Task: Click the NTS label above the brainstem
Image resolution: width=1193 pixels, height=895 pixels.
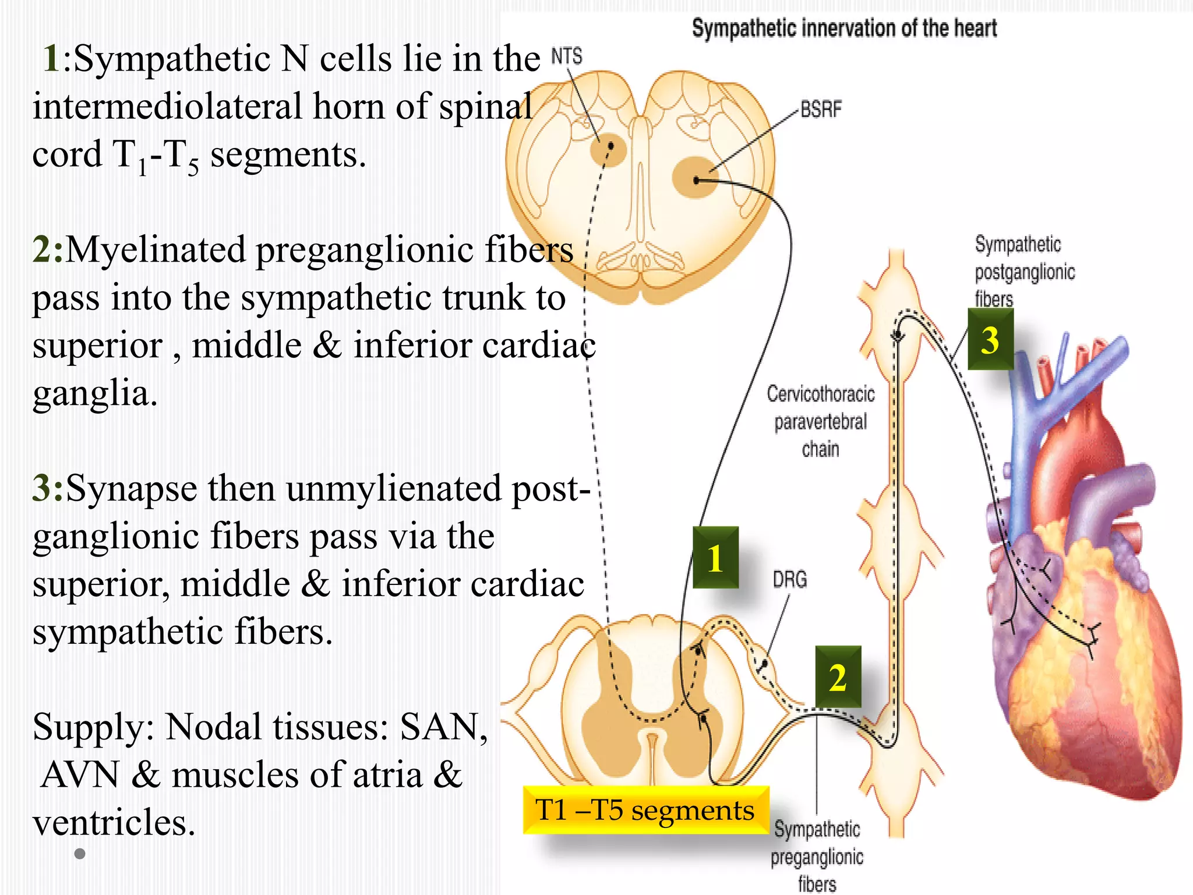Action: [566, 57]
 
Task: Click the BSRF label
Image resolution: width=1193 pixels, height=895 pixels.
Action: [820, 109]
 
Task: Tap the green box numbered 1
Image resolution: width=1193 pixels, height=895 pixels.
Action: [715, 558]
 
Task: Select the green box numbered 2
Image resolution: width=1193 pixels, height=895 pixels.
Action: [838, 677]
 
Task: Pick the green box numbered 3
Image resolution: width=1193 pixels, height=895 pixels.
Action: [990, 340]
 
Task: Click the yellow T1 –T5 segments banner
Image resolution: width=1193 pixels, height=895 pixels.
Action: [645, 810]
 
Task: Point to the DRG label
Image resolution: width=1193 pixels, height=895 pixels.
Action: [789, 579]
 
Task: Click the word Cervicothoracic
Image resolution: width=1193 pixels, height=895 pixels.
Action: [820, 394]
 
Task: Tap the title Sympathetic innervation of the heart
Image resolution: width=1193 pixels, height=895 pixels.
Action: [843, 28]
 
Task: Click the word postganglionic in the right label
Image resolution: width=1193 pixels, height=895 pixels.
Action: [1024, 272]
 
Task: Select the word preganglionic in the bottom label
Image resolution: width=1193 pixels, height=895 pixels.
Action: [817, 857]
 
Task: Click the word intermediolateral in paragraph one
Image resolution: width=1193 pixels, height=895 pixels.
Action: [167, 107]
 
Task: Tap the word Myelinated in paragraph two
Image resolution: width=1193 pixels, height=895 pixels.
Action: [156, 250]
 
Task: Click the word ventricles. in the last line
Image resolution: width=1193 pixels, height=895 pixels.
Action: [114, 823]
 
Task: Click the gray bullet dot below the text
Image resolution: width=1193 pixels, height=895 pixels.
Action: [80, 854]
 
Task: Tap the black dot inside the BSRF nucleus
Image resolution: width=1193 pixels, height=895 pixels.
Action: [697, 180]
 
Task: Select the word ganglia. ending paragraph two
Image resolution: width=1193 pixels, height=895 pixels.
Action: [95, 393]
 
